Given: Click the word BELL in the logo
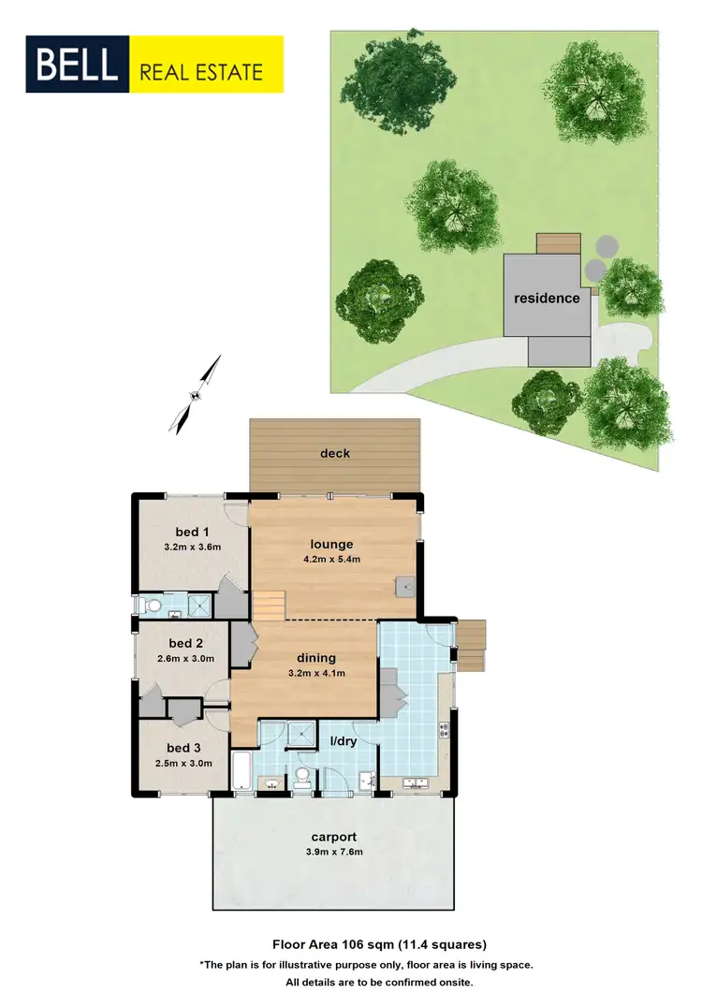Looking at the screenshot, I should (78, 65).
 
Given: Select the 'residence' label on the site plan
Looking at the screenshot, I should (546, 298).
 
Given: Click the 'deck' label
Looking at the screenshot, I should (334, 453).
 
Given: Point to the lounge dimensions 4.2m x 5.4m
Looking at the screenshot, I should (333, 560).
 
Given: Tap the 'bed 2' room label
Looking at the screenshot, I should (185, 643).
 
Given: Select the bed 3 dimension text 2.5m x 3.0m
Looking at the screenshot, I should (183, 763).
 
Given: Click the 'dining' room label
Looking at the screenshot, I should (315, 657).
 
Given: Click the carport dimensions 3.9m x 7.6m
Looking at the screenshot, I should (334, 852).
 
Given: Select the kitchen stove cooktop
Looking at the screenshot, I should (444, 728).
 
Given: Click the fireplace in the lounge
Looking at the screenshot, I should (404, 587).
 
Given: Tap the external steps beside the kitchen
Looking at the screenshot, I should (471, 646).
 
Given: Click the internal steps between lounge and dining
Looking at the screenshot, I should (270, 606).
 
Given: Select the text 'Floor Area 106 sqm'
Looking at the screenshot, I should (327, 943).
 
